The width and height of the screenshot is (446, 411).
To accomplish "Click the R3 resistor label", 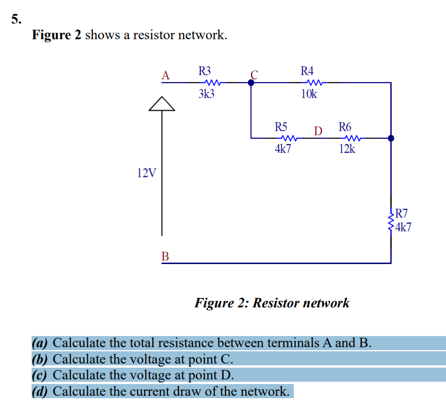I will pyautogui.click(x=205, y=71).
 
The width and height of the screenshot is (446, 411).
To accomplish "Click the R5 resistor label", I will pyautogui.click(x=282, y=126).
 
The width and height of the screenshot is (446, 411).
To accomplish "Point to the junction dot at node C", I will pyautogui.click(x=251, y=83).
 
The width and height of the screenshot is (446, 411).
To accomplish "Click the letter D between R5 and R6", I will pyautogui.click(x=318, y=130).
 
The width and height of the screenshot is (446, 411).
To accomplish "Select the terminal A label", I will pyautogui.click(x=166, y=75).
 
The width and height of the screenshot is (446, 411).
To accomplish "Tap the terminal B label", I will pyautogui.click(x=166, y=256).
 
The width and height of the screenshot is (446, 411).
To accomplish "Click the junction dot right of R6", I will pyautogui.click(x=391, y=139).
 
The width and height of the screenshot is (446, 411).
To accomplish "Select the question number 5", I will pyautogui.click(x=16, y=18).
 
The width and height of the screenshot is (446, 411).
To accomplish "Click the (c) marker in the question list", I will pyautogui.click(x=40, y=375).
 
